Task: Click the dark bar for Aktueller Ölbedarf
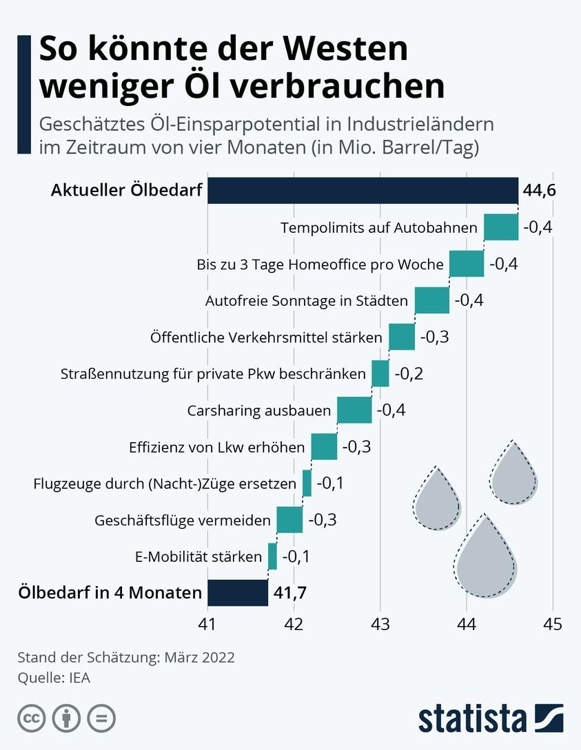click(x=363, y=191)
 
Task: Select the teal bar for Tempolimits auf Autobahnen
click(x=501, y=227)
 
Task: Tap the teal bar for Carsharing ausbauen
click(x=354, y=410)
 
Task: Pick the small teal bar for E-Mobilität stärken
click(x=272, y=556)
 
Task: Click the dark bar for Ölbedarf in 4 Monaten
click(x=237, y=592)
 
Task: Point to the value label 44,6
click(x=539, y=191)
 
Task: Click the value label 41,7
click(x=290, y=592)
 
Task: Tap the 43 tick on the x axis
click(x=380, y=624)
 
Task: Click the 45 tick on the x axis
click(x=552, y=624)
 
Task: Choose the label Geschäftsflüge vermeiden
click(x=182, y=520)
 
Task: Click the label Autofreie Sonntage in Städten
click(x=307, y=301)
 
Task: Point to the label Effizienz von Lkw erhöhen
click(x=216, y=447)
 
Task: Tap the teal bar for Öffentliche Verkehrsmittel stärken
click(x=402, y=337)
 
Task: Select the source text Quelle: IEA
click(x=54, y=678)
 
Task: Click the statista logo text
click(x=472, y=718)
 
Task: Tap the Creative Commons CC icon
click(x=31, y=718)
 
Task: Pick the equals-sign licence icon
click(x=101, y=718)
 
